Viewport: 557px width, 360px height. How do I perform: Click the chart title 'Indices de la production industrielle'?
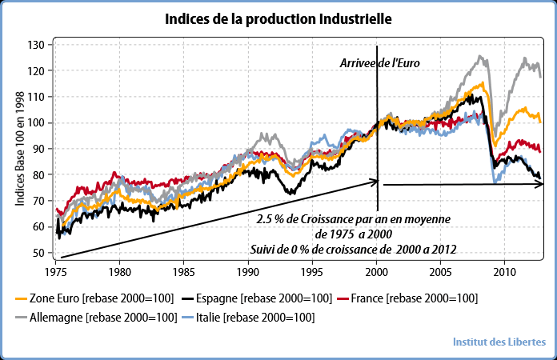tap(279, 18)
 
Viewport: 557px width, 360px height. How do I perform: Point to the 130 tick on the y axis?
tap(34, 45)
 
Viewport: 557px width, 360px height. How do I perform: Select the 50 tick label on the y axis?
tap(37, 253)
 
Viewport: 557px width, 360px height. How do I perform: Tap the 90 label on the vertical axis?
tap(37, 149)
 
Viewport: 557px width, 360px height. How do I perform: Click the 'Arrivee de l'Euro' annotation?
tap(379, 62)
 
